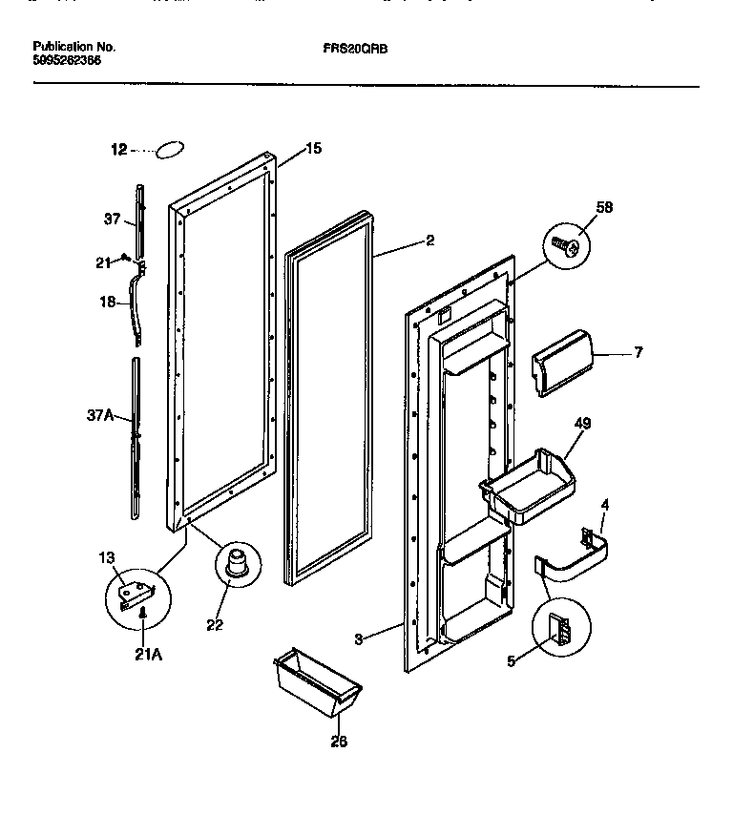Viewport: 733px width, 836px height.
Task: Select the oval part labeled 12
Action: [x=170, y=150]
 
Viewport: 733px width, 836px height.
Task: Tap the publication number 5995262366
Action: [x=66, y=60]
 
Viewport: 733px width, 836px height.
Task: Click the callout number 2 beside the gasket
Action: [x=429, y=241]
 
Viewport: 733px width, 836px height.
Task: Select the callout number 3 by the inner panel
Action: [x=358, y=639]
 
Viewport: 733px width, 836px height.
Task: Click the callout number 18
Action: [x=108, y=302]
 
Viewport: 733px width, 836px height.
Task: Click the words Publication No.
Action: [x=73, y=46]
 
